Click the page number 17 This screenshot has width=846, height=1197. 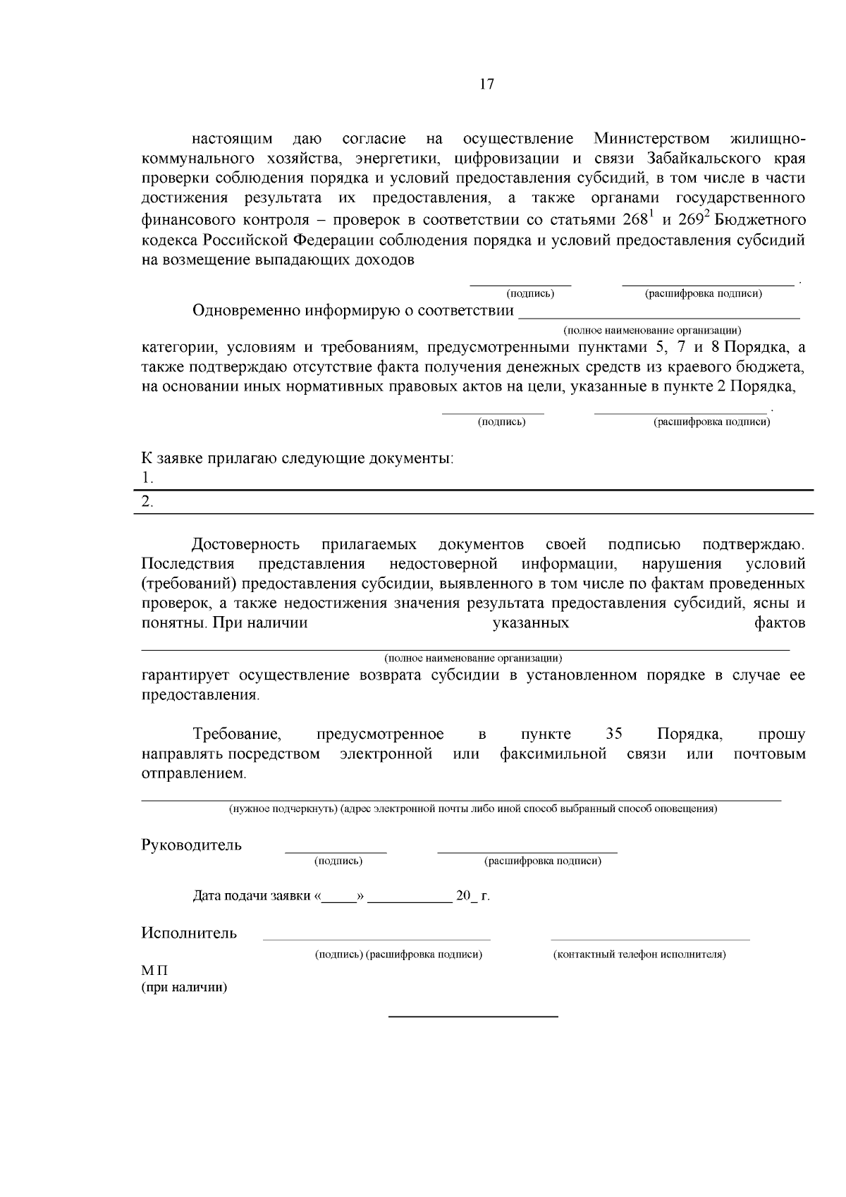(x=486, y=85)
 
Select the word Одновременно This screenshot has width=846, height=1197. (x=246, y=311)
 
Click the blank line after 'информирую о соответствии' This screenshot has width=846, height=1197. (x=658, y=315)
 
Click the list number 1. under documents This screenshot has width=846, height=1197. (x=147, y=478)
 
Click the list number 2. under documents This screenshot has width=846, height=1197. (x=147, y=503)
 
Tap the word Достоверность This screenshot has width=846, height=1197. (x=246, y=544)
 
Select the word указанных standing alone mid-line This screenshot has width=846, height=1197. (x=530, y=623)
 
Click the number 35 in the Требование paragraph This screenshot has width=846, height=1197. (x=613, y=734)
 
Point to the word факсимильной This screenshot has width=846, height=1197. (x=553, y=754)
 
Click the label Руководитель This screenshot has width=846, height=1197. (x=191, y=845)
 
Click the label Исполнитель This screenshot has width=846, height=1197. (x=189, y=933)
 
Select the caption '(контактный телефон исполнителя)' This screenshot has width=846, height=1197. (x=639, y=954)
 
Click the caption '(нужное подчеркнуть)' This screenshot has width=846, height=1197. (x=283, y=809)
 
